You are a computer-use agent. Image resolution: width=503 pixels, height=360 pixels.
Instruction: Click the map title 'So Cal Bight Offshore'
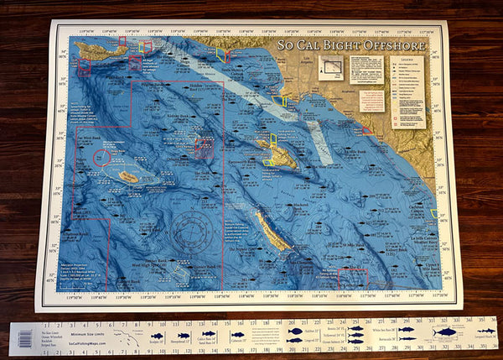point(352,44)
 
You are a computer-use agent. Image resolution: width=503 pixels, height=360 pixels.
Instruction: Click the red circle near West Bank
point(101,158)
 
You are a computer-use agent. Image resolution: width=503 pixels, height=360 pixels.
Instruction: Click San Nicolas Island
point(128,177)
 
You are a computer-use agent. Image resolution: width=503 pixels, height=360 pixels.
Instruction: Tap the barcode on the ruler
point(25,337)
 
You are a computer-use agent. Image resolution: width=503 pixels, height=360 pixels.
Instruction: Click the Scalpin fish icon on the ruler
point(157,336)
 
